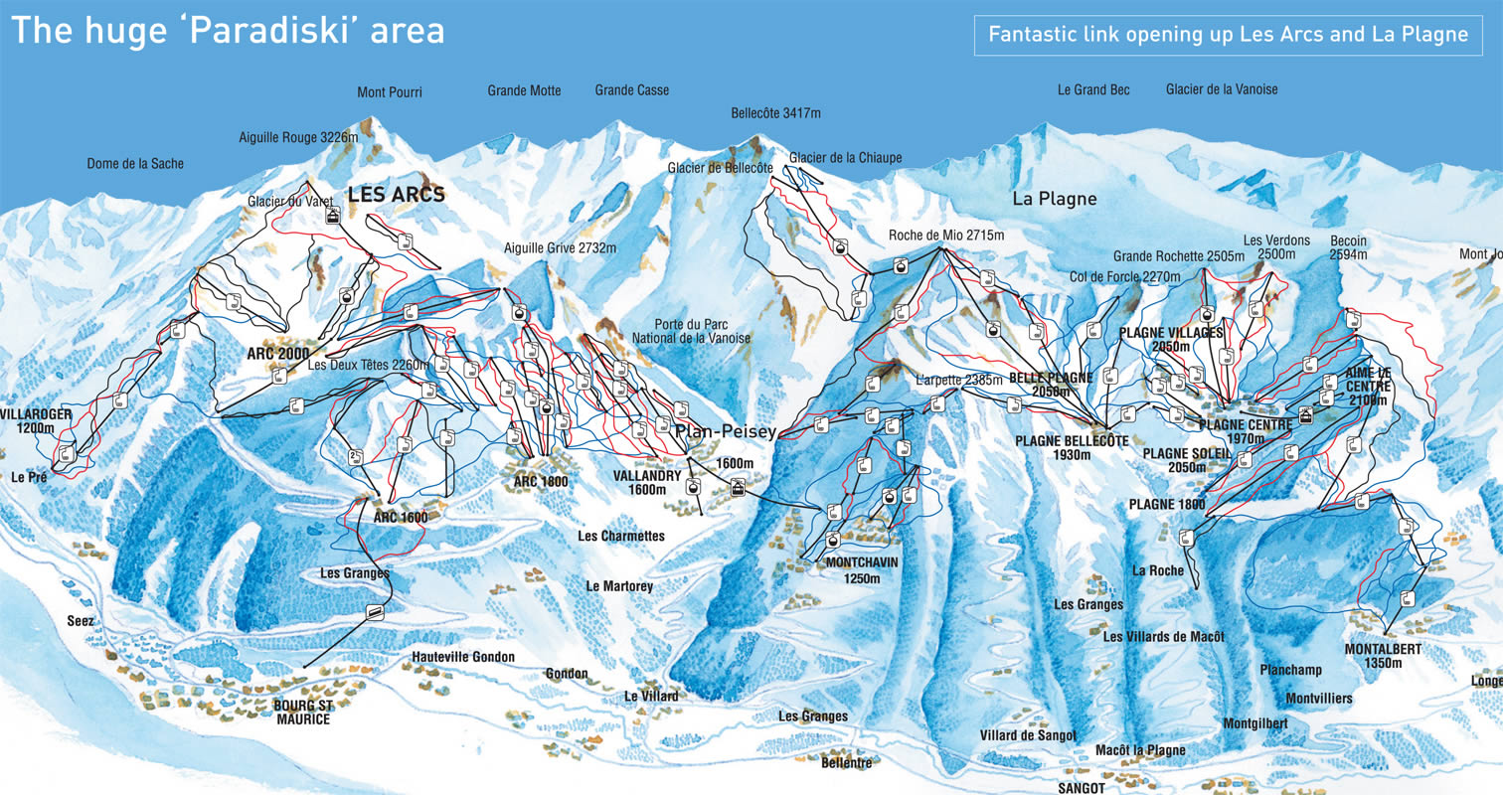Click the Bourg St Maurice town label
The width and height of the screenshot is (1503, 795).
click(x=300, y=713)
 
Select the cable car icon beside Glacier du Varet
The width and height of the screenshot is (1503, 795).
click(x=333, y=216)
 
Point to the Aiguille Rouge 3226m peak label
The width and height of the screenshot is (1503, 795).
click(x=297, y=138)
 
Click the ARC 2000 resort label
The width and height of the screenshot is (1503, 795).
click(x=277, y=354)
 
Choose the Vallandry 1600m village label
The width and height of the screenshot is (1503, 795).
click(x=647, y=482)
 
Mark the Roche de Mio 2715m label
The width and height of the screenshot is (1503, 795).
click(x=946, y=236)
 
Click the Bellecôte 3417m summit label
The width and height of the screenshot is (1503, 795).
click(x=775, y=113)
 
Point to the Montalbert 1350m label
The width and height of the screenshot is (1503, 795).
click(x=1383, y=656)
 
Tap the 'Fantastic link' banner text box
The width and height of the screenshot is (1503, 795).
click(x=1228, y=35)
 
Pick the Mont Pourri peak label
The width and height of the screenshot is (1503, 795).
click(x=390, y=92)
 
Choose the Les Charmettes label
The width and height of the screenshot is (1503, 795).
click(x=621, y=537)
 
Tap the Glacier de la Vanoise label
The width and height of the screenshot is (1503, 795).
click(x=1222, y=89)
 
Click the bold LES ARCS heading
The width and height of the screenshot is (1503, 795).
click(x=396, y=195)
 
